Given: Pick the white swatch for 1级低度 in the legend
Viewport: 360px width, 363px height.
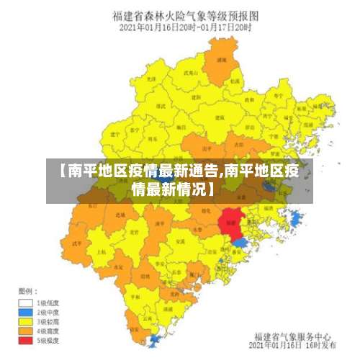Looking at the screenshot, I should tap(25, 303).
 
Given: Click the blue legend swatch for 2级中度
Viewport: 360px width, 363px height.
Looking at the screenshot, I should tap(25, 313).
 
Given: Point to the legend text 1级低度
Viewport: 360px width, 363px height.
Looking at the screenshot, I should tap(48, 303).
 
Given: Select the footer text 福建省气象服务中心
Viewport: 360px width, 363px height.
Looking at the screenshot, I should tap(292, 336).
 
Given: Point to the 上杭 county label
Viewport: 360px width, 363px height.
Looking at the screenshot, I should tap(101, 252).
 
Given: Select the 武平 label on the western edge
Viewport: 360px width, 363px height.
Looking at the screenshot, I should tap(77, 243).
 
